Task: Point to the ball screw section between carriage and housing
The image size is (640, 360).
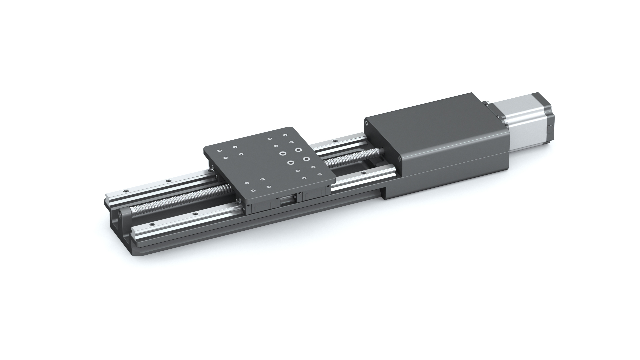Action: pyautogui.click(x=353, y=158)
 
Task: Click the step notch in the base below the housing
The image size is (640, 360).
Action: pyautogui.click(x=383, y=193)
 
